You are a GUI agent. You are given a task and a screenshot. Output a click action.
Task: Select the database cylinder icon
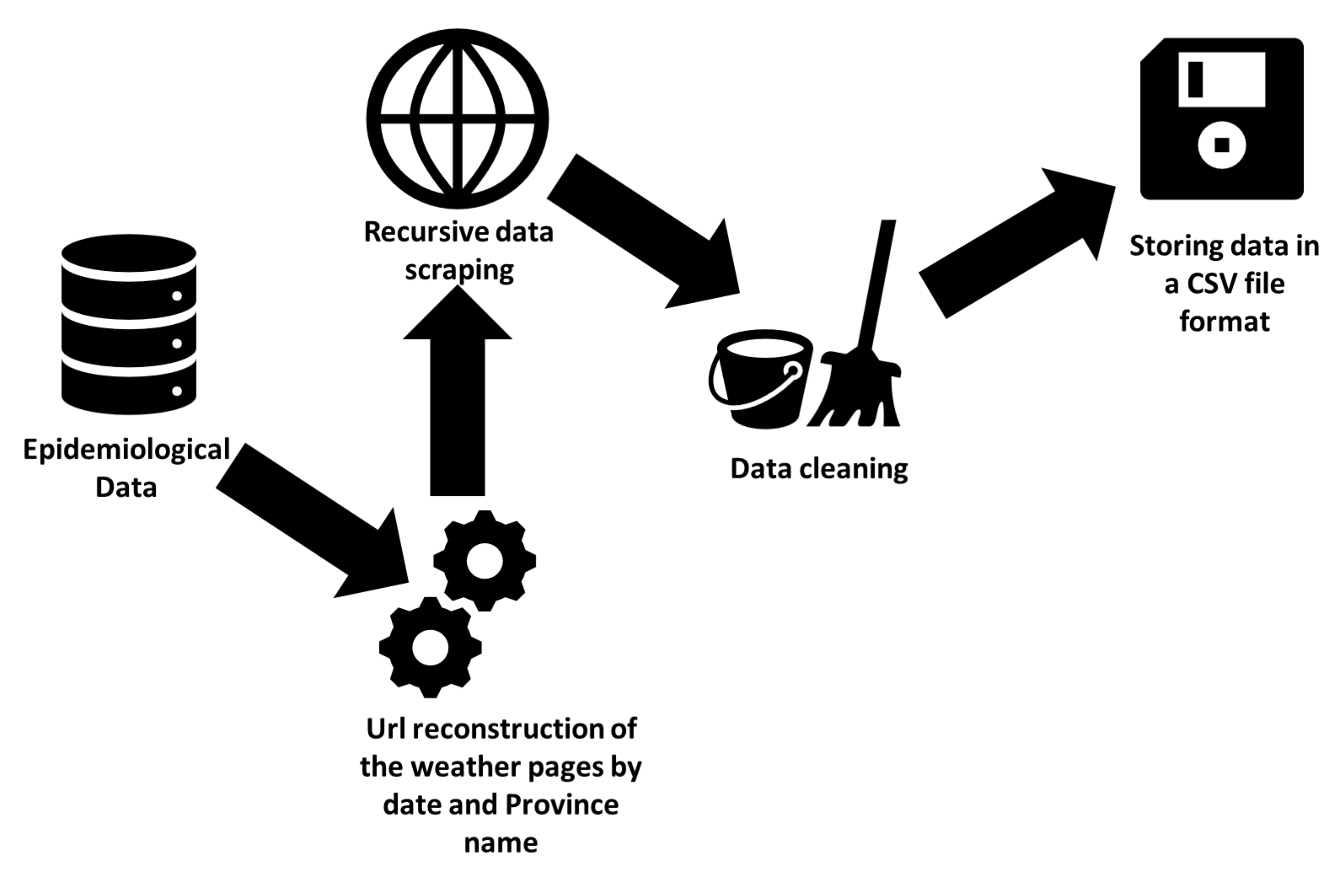[129, 325]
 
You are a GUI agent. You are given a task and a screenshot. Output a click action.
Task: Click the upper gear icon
[484, 560]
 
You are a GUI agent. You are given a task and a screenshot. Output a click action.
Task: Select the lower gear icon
[430, 647]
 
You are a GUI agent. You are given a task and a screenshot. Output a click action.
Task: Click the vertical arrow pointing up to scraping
[457, 404]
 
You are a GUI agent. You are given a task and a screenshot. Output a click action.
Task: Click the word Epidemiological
[126, 450]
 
